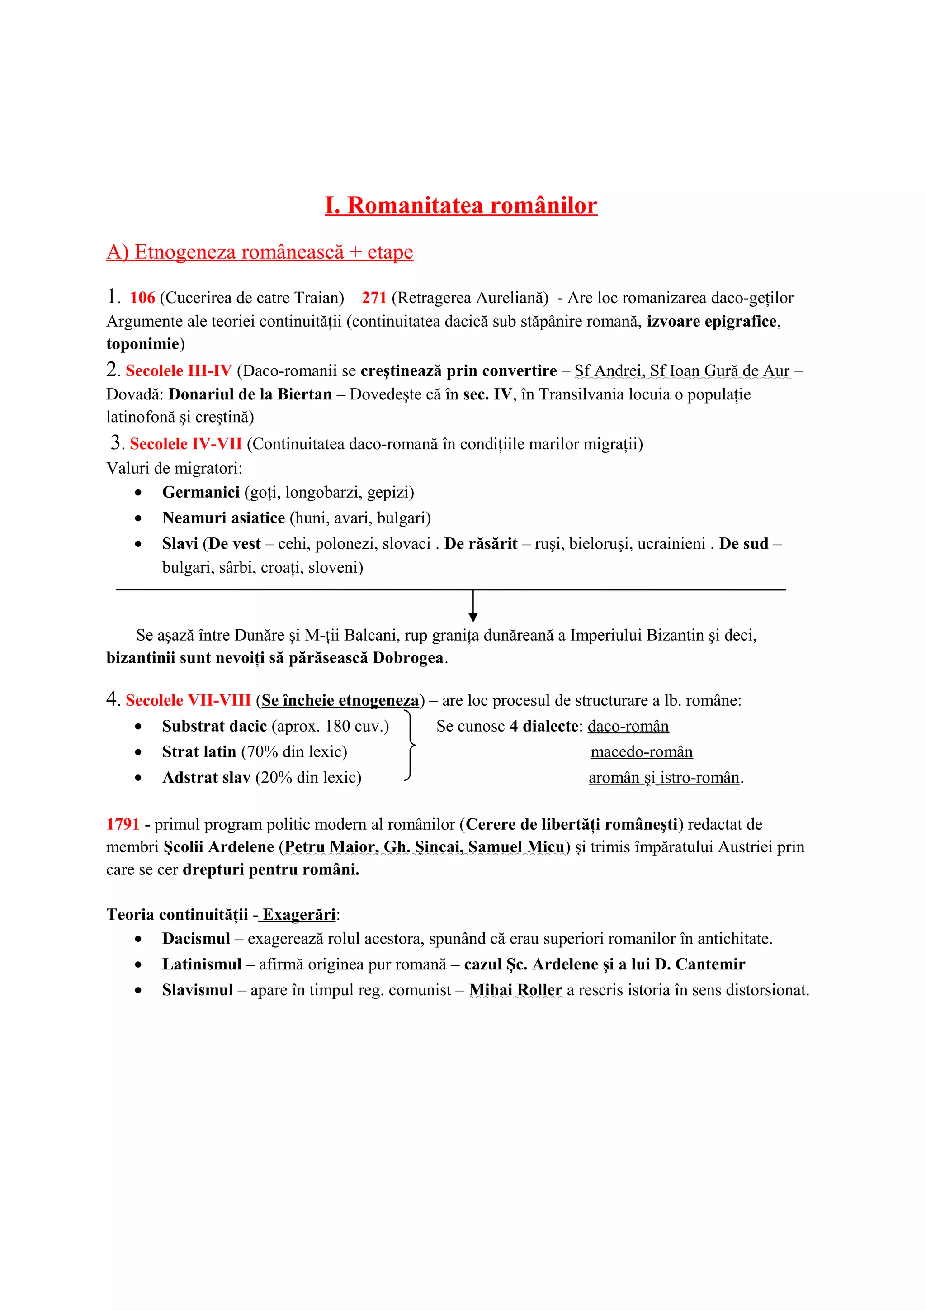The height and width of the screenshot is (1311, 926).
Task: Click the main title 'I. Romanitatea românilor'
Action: click(461, 205)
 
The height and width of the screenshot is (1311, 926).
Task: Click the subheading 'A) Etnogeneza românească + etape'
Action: click(260, 252)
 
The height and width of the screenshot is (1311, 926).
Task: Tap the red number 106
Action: click(142, 298)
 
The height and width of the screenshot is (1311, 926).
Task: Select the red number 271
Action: click(374, 298)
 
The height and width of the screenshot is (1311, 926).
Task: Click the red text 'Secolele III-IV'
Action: click(179, 370)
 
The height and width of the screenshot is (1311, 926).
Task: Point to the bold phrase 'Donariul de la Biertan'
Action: click(250, 394)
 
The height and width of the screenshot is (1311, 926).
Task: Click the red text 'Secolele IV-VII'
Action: click(185, 444)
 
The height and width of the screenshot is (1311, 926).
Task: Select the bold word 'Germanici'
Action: click(201, 492)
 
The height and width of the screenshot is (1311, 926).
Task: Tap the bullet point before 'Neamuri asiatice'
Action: click(138, 518)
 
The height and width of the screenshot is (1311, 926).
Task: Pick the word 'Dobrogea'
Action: click(408, 658)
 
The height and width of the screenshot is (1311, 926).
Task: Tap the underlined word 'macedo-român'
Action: click(641, 751)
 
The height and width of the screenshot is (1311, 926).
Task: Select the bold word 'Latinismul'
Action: click(202, 964)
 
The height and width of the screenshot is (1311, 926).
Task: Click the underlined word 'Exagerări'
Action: click(298, 914)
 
